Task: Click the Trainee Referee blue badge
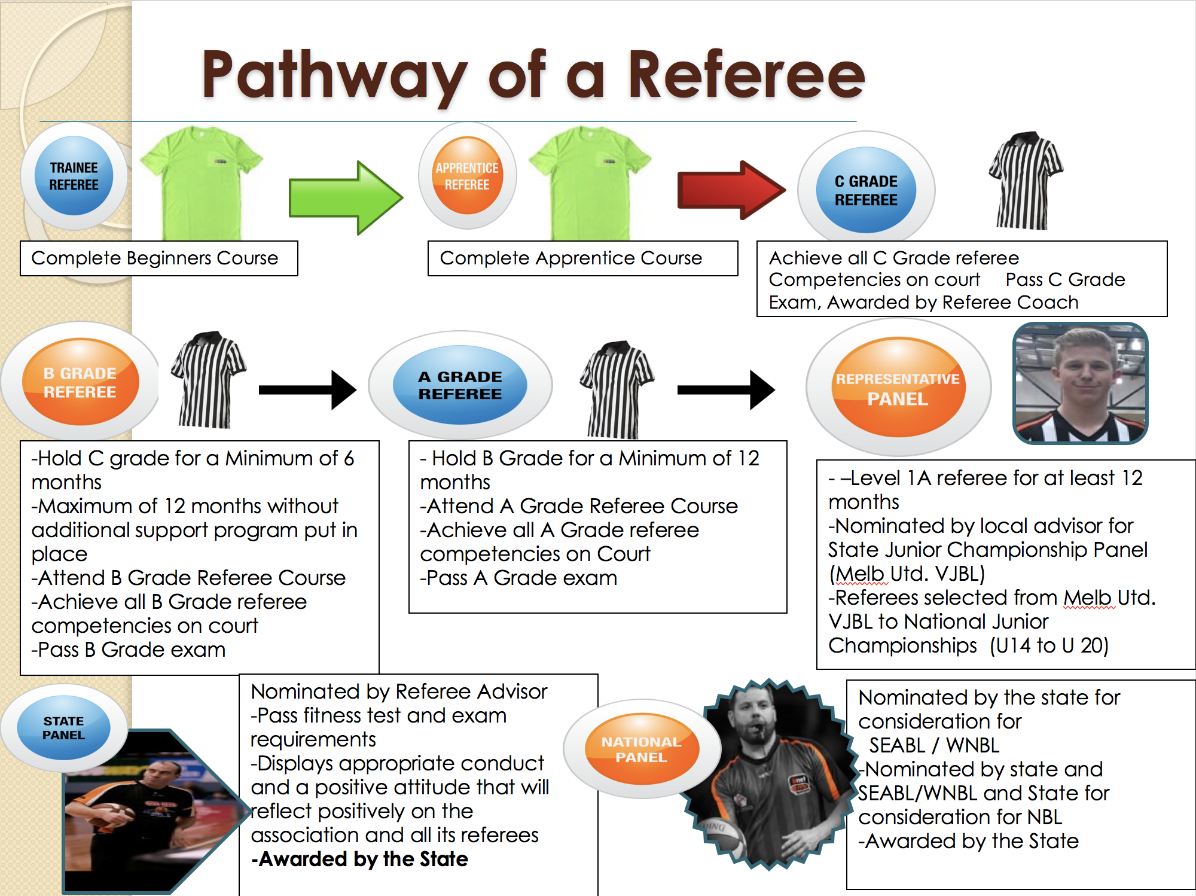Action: click(74, 176)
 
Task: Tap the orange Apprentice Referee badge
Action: click(467, 176)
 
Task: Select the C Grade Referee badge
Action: click(866, 190)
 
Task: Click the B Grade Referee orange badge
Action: click(80, 382)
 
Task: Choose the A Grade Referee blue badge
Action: click(460, 385)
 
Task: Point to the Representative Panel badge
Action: click(898, 388)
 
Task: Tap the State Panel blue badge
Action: click(63, 728)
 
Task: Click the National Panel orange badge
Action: click(641, 749)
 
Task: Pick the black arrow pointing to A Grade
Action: click(307, 390)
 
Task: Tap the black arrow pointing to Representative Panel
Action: click(725, 390)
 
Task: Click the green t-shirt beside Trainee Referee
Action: click(201, 182)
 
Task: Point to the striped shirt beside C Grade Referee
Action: click(1025, 181)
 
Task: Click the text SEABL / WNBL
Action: click(934, 745)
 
